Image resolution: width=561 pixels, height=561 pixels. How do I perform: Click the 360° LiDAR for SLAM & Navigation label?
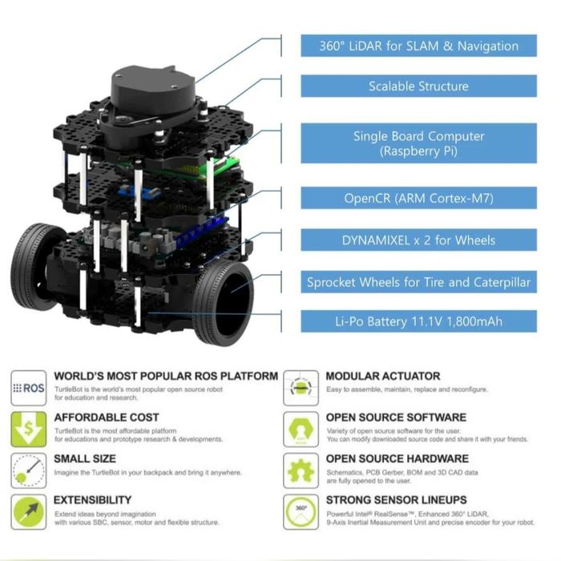(x=418, y=46)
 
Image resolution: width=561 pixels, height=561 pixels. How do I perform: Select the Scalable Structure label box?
(x=418, y=87)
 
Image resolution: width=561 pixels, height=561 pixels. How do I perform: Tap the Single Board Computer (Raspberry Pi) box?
(x=418, y=143)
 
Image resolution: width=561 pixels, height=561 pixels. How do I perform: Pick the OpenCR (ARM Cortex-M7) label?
(x=418, y=199)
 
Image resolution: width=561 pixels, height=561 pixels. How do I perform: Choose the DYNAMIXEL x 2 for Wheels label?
(x=418, y=240)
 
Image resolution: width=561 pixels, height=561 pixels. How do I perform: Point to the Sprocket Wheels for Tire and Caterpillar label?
(x=418, y=282)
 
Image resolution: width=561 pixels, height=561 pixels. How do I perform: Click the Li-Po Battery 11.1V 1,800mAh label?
(x=418, y=322)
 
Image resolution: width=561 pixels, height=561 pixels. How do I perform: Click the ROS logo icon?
(x=29, y=388)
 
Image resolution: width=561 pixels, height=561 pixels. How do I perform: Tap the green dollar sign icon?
(x=29, y=430)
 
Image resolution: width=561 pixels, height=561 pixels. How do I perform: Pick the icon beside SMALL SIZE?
(x=29, y=470)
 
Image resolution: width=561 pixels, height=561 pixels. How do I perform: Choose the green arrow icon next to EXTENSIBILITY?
(x=29, y=511)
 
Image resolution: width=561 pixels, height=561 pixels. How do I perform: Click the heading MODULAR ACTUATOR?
(x=382, y=376)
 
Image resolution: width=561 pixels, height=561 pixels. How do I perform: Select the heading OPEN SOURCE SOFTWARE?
(x=395, y=418)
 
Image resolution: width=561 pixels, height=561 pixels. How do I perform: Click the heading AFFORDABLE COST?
(x=106, y=418)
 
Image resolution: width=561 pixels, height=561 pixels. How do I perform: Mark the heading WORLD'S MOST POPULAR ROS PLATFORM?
(x=166, y=376)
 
